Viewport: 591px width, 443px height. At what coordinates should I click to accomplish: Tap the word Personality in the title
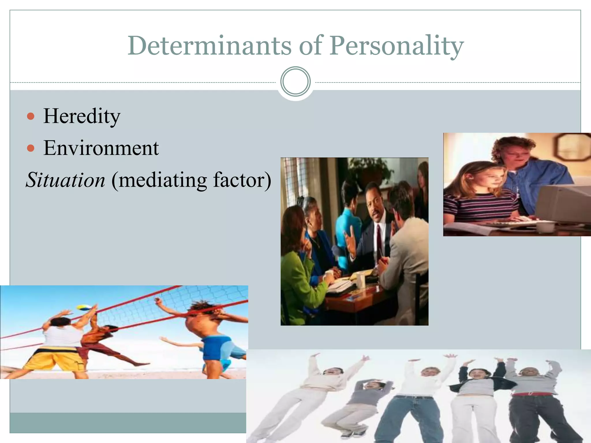coord(397,46)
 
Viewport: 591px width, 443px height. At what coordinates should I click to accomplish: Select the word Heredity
coord(82,116)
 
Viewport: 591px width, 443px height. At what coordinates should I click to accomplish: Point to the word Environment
coord(101,148)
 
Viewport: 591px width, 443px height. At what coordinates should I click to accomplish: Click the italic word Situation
coord(66,180)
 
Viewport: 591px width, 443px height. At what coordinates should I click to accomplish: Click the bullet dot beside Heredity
coord(31,117)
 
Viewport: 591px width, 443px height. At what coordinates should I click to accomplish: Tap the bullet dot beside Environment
coord(31,149)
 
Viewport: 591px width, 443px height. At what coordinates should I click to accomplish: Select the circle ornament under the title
coord(295,82)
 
